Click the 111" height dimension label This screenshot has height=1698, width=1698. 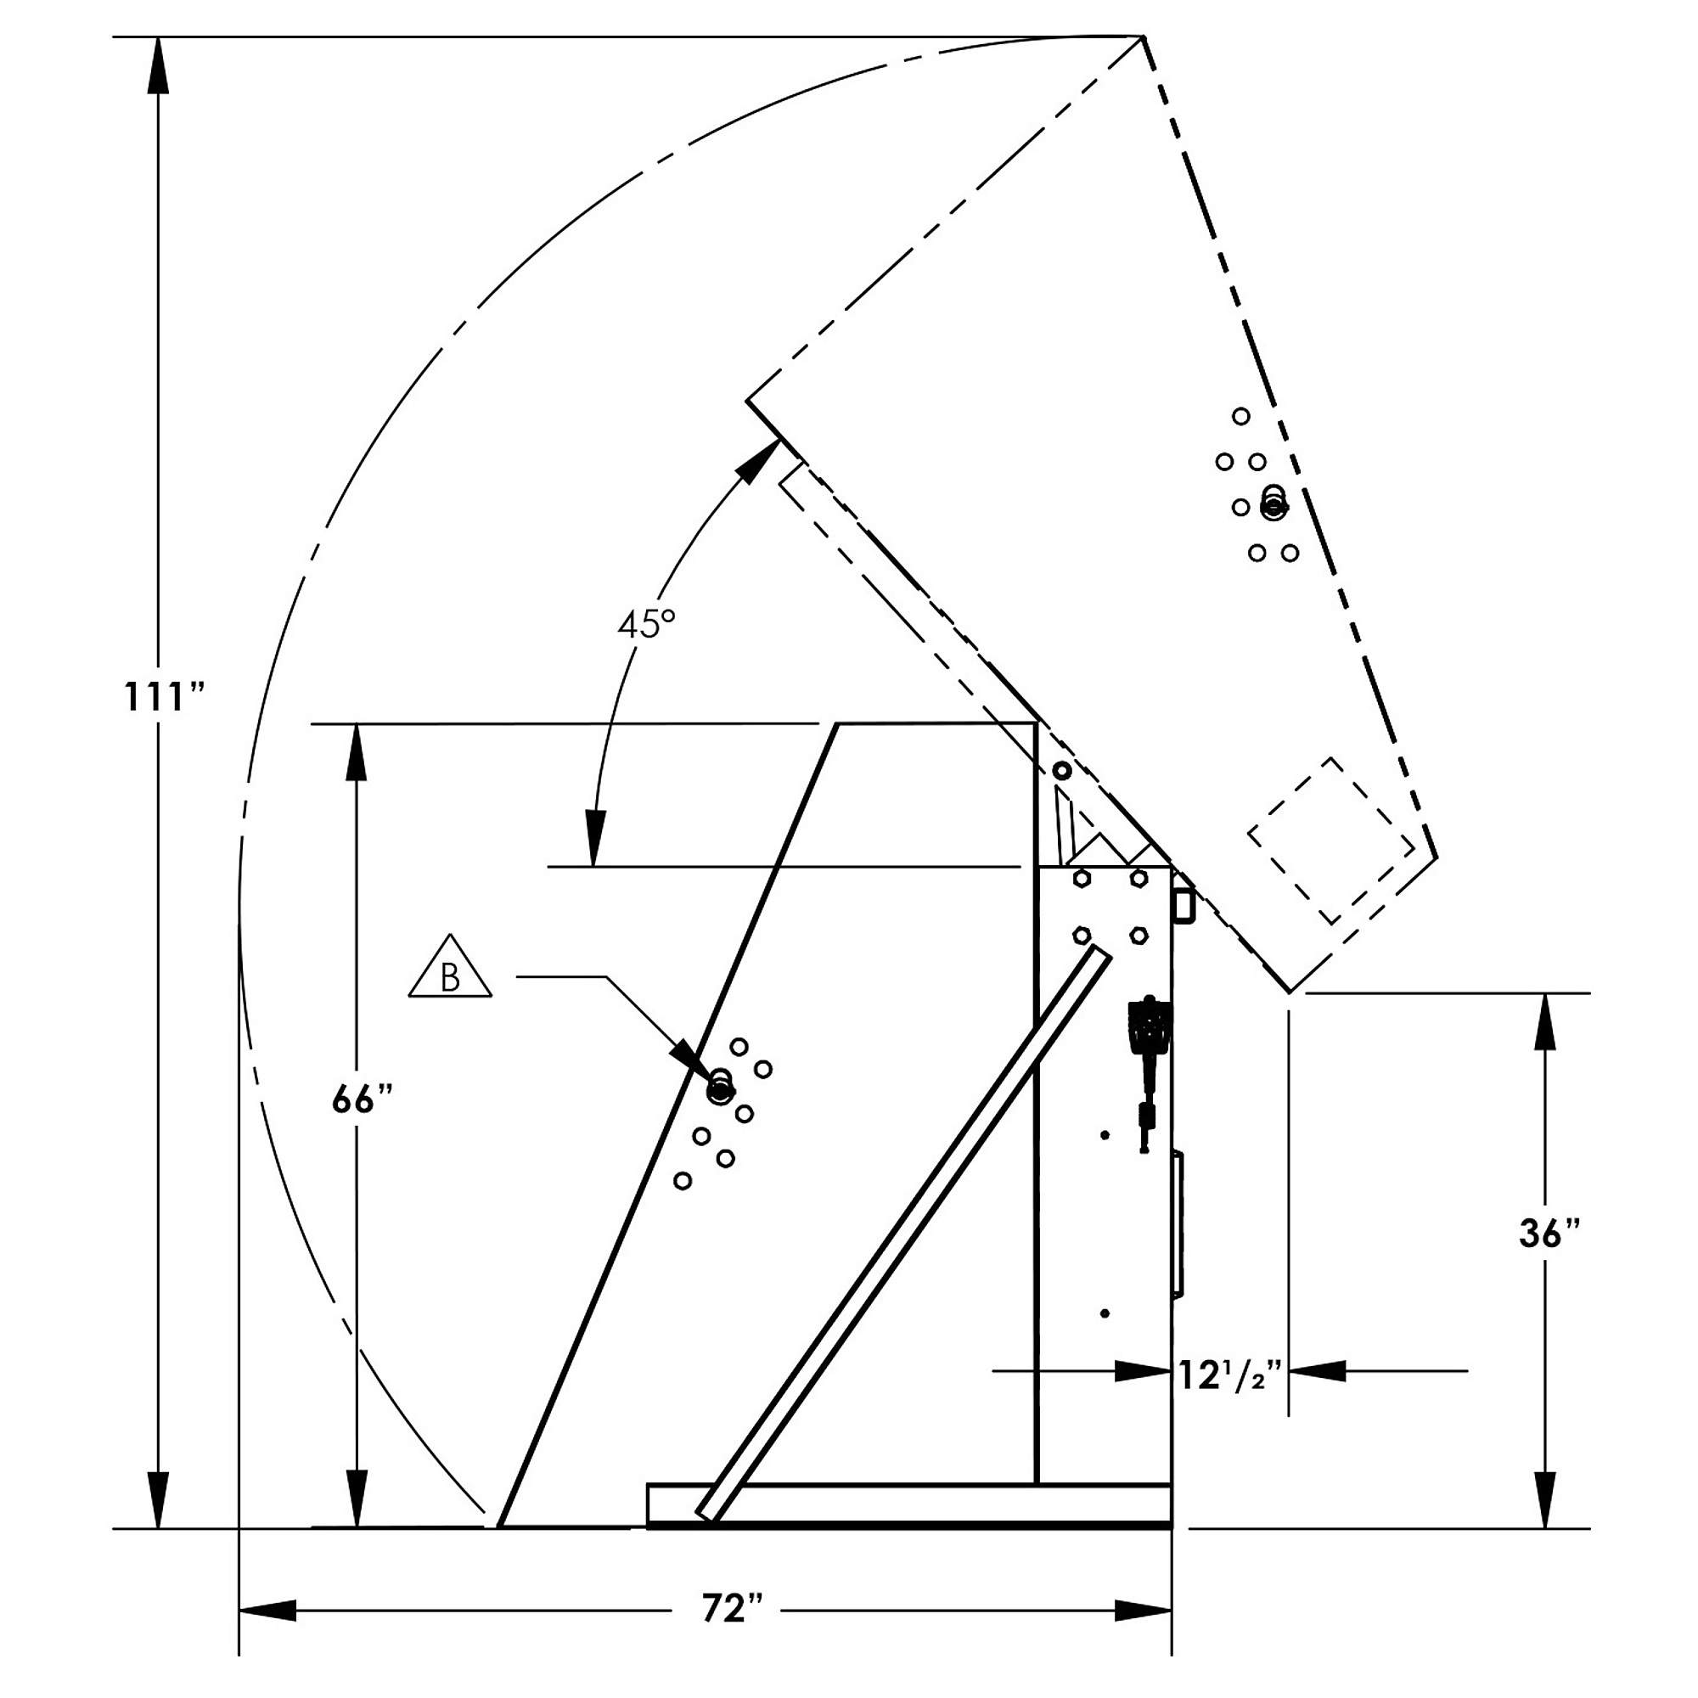[164, 696]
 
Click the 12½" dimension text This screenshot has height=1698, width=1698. [1230, 1375]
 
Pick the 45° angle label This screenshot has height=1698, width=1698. [646, 624]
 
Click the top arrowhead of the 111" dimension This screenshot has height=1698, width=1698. [158, 65]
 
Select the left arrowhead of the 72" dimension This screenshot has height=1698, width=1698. [268, 1610]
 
